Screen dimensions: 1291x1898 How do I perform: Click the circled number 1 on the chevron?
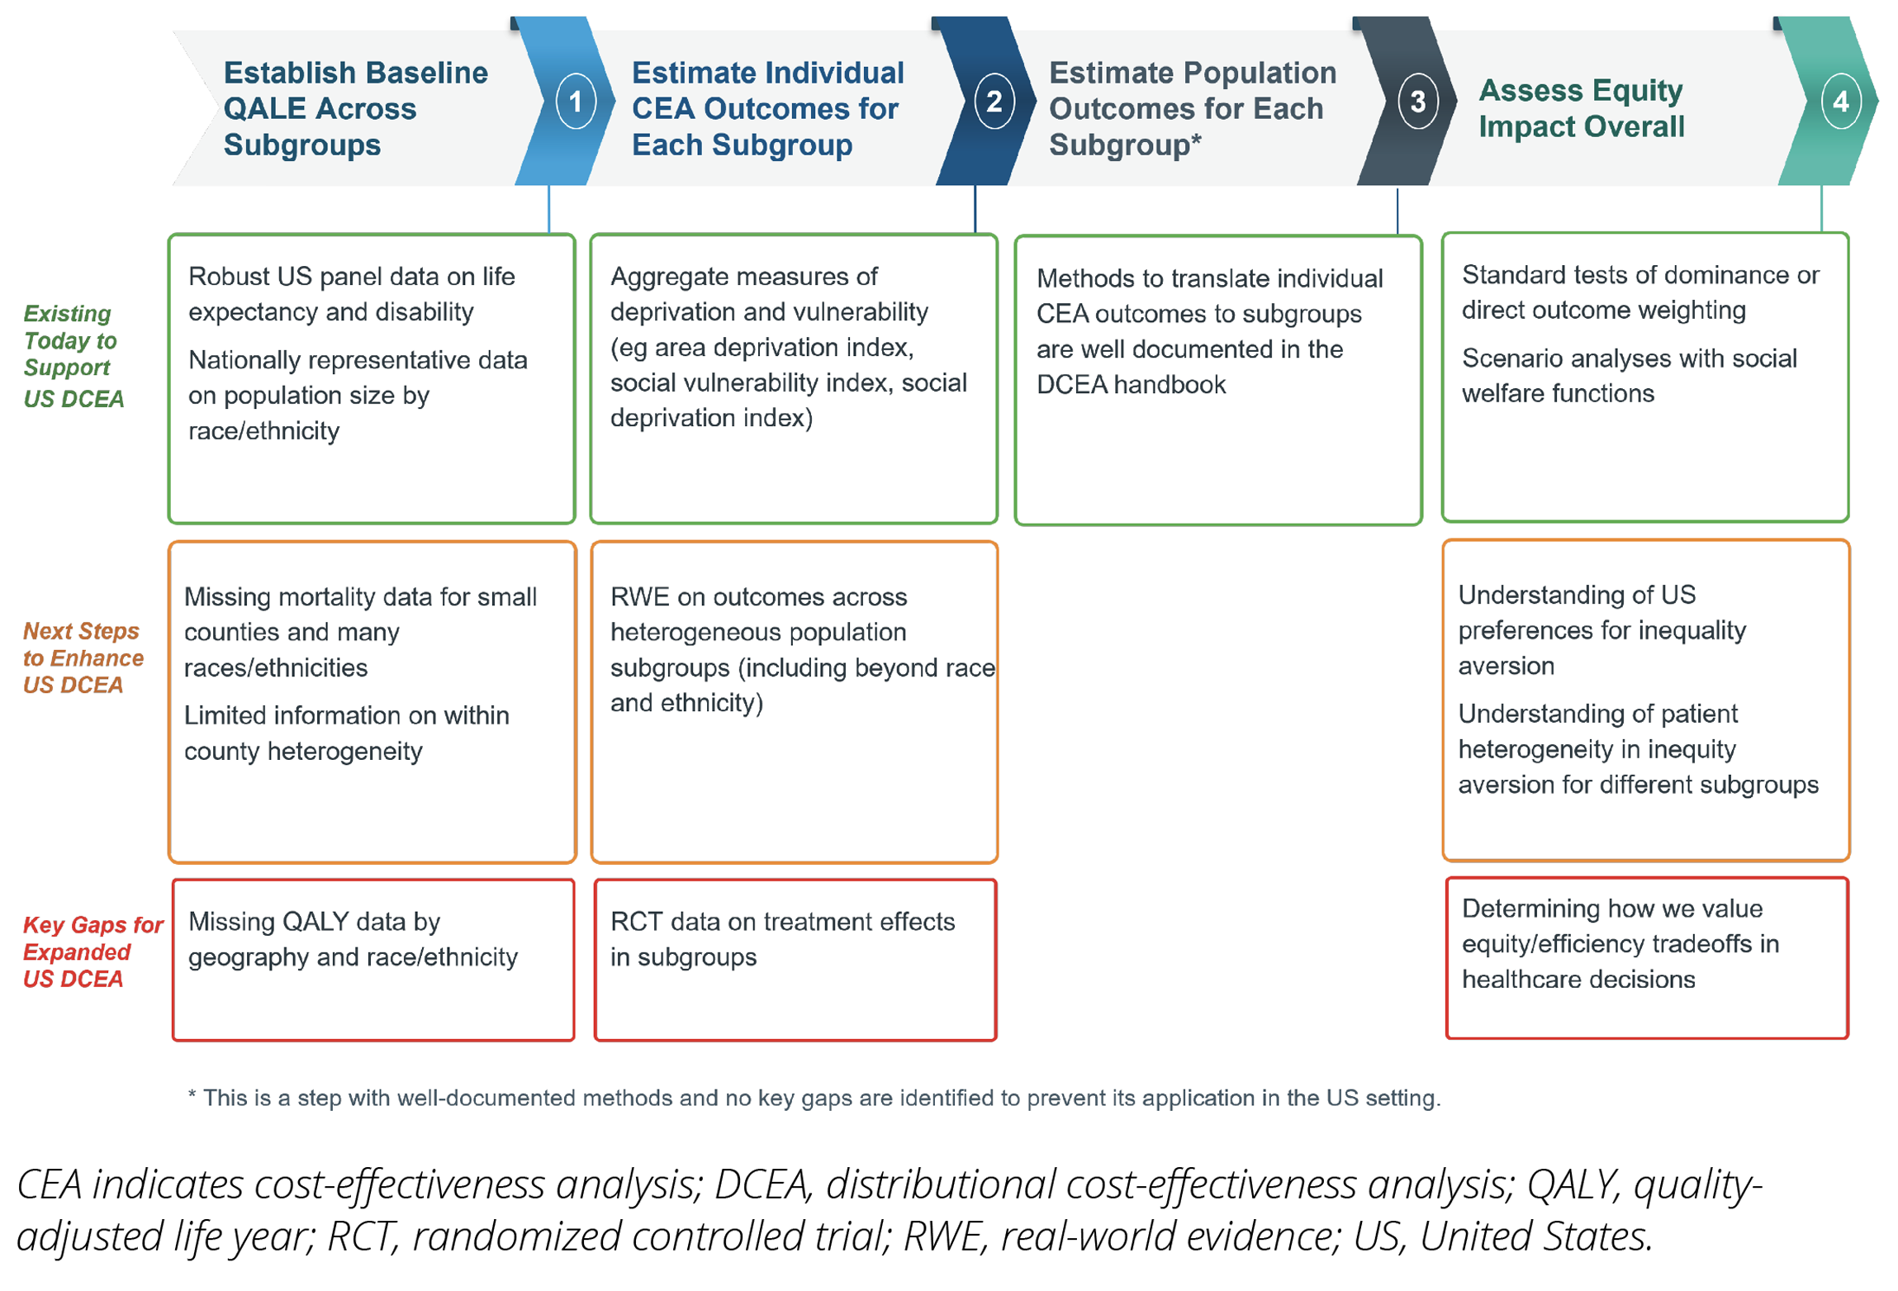pos(575,102)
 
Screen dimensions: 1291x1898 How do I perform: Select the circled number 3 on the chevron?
pos(1416,102)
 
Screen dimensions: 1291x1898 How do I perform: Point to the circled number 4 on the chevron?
pos(1839,102)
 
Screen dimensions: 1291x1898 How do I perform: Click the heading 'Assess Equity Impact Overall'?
pos(1580,108)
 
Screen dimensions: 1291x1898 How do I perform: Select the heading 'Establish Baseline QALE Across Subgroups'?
pos(355,108)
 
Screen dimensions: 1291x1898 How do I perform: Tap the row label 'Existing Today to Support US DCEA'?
pos(73,355)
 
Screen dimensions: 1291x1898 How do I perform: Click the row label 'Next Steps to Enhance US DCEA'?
pos(82,657)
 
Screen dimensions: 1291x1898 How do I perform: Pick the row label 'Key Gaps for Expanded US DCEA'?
pos(92,951)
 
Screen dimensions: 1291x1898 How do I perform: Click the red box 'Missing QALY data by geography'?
pos(372,958)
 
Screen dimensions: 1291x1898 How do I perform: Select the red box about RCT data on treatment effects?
pos(795,958)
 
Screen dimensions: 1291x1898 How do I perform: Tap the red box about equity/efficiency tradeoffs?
pos(1645,956)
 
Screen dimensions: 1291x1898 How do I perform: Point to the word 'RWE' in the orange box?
pos(634,596)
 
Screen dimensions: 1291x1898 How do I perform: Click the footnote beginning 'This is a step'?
pos(814,1097)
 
